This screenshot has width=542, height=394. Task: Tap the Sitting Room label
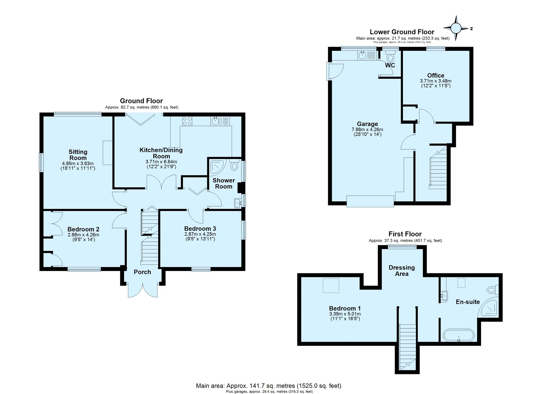tap(78, 155)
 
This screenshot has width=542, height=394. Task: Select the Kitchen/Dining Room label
tap(161, 153)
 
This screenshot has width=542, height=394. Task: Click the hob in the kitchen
tap(187, 121)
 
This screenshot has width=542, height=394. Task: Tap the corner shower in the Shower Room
tap(218, 167)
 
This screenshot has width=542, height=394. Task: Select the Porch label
tap(142, 272)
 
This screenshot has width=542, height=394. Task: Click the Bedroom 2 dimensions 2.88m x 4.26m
tap(83, 234)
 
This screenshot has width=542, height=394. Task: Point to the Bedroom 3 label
tap(200, 228)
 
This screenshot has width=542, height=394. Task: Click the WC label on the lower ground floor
tap(390, 65)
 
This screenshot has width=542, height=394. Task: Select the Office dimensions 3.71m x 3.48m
tap(436, 81)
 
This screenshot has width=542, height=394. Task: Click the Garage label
tap(367, 124)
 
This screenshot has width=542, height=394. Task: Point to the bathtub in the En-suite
tap(459, 335)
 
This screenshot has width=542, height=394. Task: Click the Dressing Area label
tap(402, 271)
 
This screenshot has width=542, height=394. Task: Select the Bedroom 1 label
tap(345, 308)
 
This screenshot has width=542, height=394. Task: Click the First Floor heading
tap(405, 234)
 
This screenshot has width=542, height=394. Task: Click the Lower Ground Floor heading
tap(402, 32)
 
